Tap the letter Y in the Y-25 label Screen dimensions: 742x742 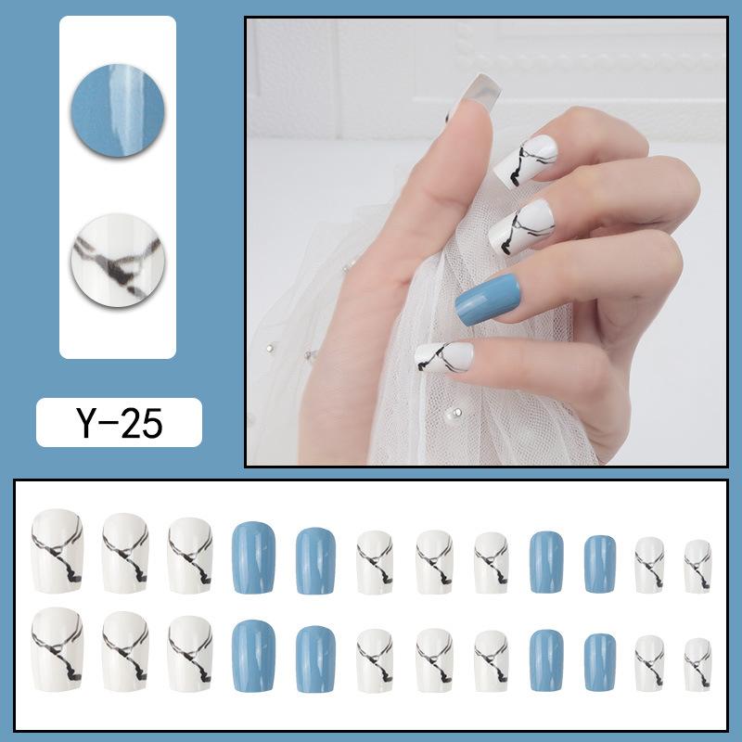83,423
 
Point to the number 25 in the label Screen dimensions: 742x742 141,423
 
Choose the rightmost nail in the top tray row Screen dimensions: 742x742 697,566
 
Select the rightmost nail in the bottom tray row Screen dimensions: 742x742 697,664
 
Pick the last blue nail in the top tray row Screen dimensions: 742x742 600,562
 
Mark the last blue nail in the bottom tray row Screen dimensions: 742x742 600,660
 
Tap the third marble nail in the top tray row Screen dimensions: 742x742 189,554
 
